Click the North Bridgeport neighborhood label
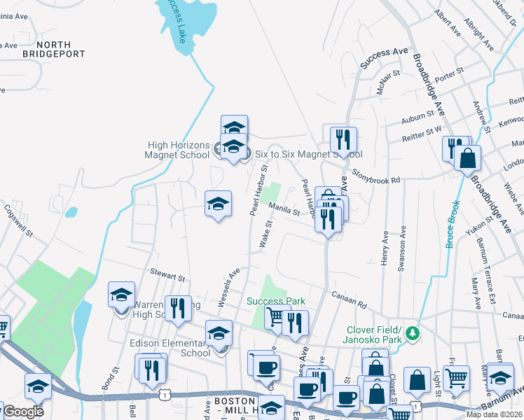click(x=53, y=48)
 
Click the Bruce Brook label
click(x=453, y=224)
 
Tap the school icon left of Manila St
click(x=218, y=204)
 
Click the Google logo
click(x=24, y=412)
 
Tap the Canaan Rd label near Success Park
click(x=350, y=300)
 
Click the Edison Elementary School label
click(x=170, y=348)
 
